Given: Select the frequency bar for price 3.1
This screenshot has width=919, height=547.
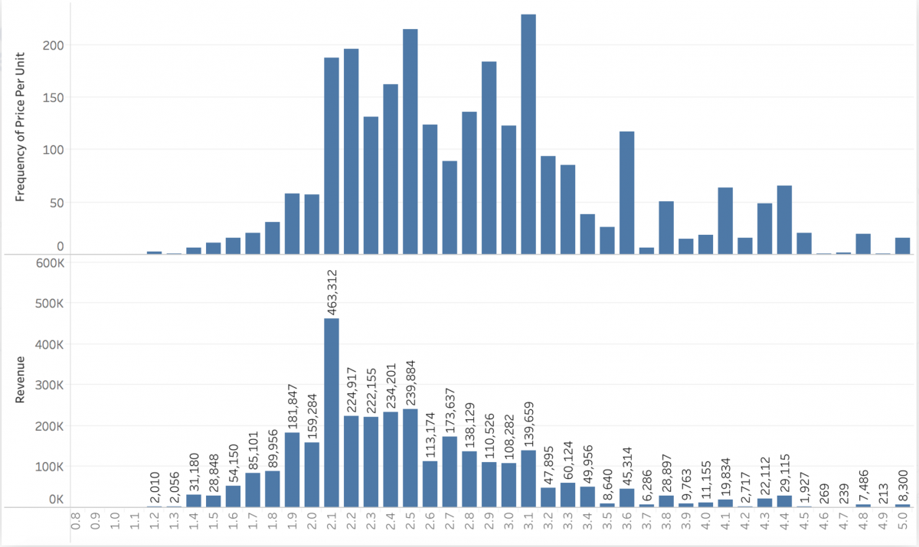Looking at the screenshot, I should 528,134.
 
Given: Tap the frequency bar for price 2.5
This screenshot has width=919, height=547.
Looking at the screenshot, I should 410,142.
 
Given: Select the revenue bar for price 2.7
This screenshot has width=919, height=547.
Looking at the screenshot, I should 450,471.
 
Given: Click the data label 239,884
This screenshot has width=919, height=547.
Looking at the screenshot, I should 410,380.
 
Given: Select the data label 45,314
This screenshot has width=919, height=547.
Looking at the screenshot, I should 627,464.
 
